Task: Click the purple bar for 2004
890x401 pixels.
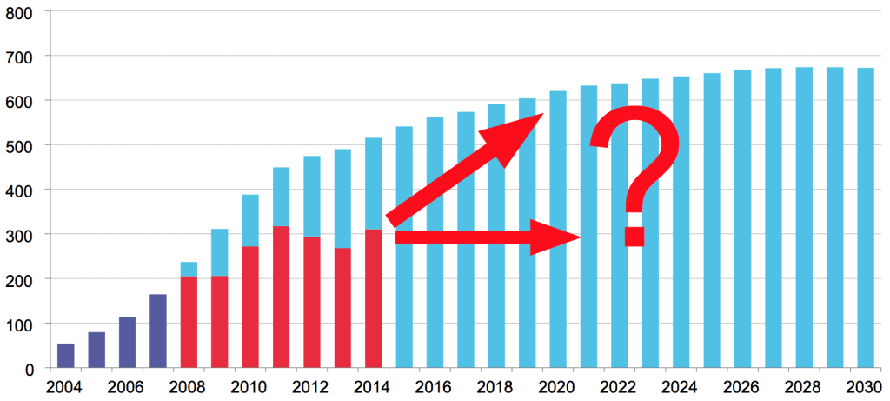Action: point(66,356)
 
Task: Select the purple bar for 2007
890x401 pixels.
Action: point(158,331)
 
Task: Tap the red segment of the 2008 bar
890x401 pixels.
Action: point(189,322)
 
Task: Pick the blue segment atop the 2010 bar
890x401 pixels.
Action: point(250,220)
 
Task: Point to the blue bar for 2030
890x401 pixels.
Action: point(866,217)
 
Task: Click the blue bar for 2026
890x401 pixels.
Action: point(742,218)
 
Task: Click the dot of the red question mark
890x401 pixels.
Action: point(634,237)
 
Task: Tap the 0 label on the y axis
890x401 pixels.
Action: point(30,369)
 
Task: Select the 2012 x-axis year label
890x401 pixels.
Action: point(311,386)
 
